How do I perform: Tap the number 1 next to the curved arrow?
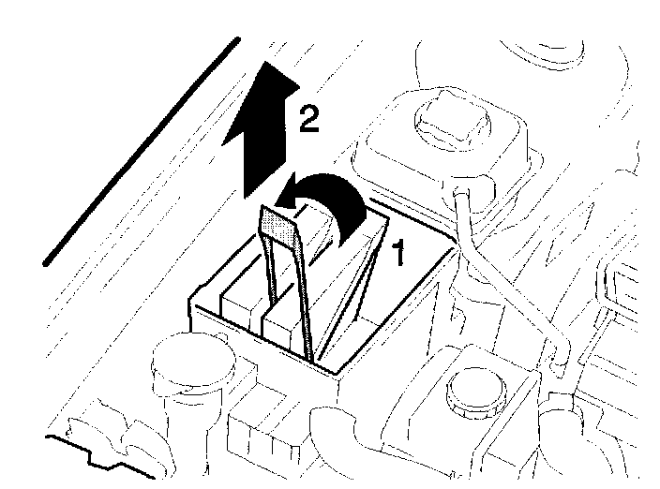397,253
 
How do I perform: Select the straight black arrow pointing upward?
263,141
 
